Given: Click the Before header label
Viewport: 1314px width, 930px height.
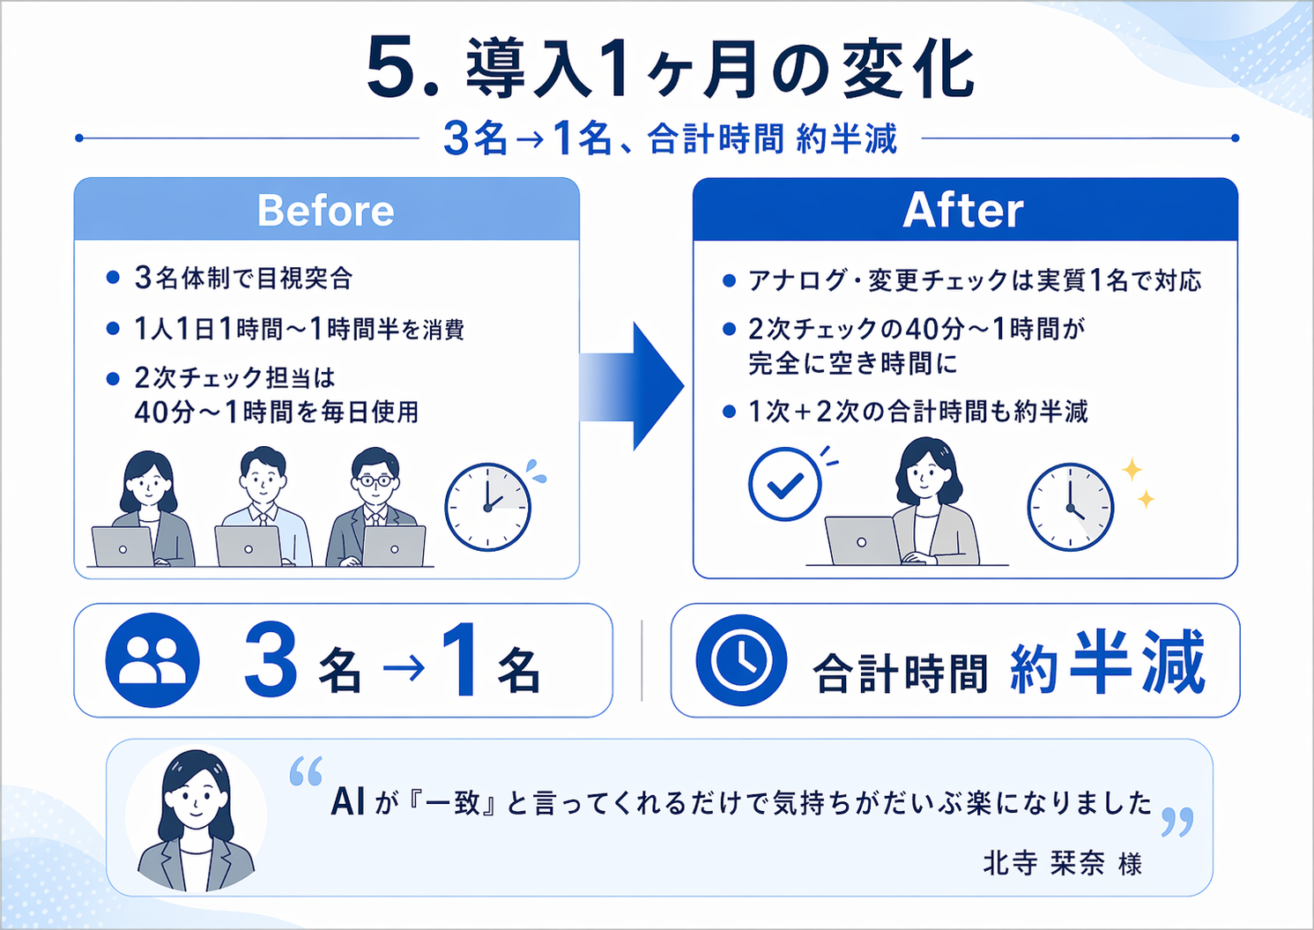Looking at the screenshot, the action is (x=326, y=211).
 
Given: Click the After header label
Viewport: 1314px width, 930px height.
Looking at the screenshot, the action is (x=963, y=211).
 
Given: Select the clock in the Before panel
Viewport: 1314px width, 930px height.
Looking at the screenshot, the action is (x=487, y=508).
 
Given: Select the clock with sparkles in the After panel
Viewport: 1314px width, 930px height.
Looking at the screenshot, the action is (x=1070, y=508).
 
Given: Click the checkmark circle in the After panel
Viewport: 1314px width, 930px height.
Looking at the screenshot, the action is (x=784, y=484).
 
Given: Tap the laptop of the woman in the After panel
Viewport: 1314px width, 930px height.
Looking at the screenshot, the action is (x=861, y=540).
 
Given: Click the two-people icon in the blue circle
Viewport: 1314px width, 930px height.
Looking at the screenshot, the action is (x=152, y=660).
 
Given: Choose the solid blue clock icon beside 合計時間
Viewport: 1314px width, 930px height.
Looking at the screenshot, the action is (x=740, y=660).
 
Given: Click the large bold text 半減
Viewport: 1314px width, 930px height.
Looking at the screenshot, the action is (x=1137, y=663).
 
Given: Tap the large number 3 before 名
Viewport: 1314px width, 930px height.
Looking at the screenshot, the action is (x=271, y=661).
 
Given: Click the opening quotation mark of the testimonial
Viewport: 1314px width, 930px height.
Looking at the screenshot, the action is (x=306, y=771).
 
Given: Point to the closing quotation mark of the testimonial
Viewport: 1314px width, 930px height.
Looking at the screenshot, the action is (x=1177, y=822).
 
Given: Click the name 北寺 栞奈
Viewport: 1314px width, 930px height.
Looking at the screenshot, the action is (x=1043, y=863).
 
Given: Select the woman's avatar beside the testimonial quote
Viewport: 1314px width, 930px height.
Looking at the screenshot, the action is (x=196, y=820).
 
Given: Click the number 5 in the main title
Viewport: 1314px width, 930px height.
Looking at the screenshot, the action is (x=390, y=69).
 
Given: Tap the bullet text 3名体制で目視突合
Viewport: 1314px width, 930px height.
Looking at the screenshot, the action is (x=243, y=279).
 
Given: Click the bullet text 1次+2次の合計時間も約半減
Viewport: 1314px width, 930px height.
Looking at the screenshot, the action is (x=918, y=412).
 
